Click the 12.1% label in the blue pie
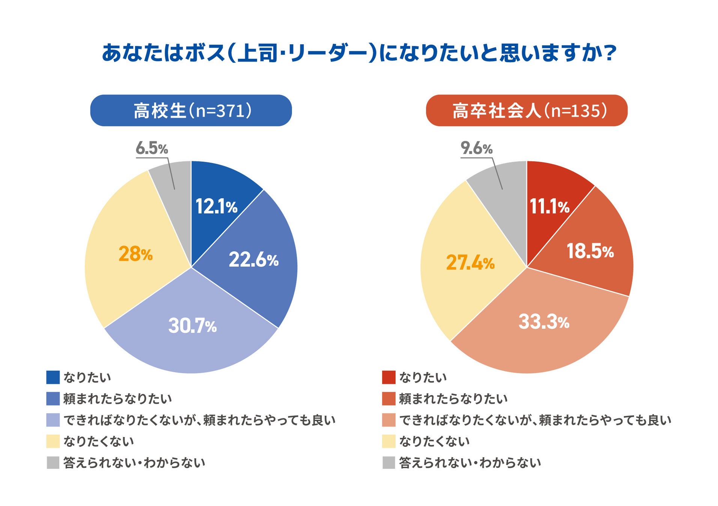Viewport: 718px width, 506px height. point(216,207)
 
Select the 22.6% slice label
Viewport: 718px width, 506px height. point(253,260)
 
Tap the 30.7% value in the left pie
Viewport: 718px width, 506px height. point(192,325)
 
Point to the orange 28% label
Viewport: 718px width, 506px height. point(135,254)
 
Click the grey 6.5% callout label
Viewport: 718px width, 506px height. point(152,148)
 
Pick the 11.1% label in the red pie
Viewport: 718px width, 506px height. point(549,207)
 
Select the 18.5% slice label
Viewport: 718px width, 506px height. point(590,251)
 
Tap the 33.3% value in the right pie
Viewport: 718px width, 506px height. point(544,322)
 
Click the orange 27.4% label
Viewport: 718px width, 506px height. point(470,262)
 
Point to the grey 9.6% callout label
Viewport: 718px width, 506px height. point(476,148)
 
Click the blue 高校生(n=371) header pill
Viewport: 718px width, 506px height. point(191,111)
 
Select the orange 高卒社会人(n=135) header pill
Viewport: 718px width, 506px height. point(527,111)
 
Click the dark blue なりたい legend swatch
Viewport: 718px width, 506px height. point(53,377)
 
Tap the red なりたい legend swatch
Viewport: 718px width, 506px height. point(388,377)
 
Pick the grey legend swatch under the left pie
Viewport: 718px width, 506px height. point(53,463)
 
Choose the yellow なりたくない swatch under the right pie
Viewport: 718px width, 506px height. point(388,441)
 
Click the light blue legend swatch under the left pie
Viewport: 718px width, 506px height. point(53,420)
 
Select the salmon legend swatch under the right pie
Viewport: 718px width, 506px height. point(388,420)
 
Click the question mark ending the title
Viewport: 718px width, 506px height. point(611,53)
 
